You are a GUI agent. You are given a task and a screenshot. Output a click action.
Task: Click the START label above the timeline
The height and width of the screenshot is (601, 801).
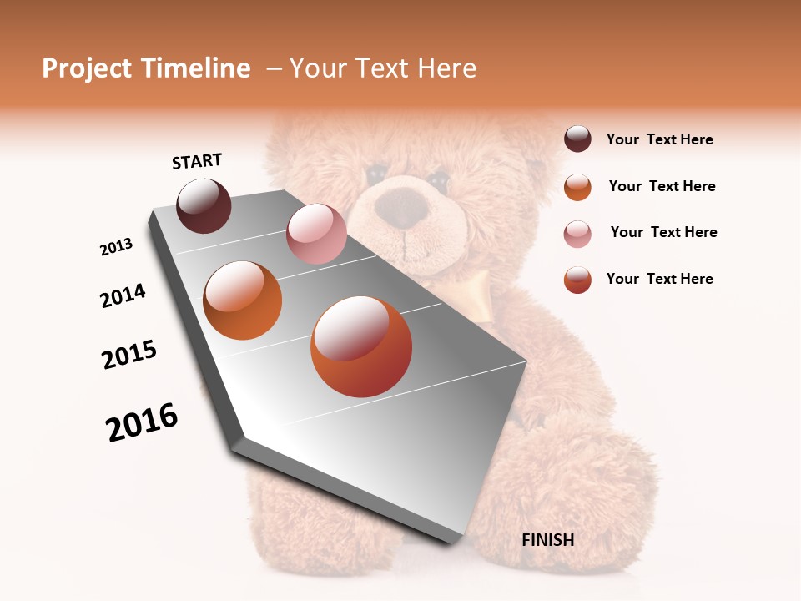click(197, 161)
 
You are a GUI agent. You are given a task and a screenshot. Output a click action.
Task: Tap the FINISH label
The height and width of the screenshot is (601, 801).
click(547, 540)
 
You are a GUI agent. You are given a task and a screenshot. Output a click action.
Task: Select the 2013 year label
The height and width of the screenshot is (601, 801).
click(117, 247)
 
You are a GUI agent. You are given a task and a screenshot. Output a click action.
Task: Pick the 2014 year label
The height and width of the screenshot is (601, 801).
click(123, 295)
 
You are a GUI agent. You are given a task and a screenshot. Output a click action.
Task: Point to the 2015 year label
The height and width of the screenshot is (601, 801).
click(129, 354)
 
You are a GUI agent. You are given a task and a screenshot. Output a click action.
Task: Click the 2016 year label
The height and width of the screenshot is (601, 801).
click(142, 422)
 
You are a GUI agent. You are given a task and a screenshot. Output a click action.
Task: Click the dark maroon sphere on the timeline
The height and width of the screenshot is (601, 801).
click(204, 205)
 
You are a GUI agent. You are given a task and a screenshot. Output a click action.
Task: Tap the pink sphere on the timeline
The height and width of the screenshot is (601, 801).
click(316, 234)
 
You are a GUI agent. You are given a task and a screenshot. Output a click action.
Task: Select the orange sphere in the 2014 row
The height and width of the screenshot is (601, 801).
click(243, 300)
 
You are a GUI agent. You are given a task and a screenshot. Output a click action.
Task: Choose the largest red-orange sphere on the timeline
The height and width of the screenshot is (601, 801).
click(361, 346)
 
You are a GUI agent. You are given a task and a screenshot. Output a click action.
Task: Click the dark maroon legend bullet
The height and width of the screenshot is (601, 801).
click(577, 139)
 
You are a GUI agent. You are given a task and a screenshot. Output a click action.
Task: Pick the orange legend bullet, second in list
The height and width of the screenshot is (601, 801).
click(577, 187)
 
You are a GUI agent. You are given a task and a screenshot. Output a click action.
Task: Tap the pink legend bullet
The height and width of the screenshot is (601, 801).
click(577, 234)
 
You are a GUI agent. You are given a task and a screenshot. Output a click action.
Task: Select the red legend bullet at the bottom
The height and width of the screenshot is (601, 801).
click(577, 280)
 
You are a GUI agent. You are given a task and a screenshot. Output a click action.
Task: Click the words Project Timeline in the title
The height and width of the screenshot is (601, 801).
click(146, 68)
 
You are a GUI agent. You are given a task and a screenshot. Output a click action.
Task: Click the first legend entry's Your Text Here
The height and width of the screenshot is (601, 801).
click(659, 139)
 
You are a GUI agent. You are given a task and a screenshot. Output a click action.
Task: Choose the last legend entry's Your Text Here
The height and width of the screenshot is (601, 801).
click(659, 279)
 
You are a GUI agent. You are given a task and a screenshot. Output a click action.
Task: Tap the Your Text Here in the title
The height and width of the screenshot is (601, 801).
click(383, 68)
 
